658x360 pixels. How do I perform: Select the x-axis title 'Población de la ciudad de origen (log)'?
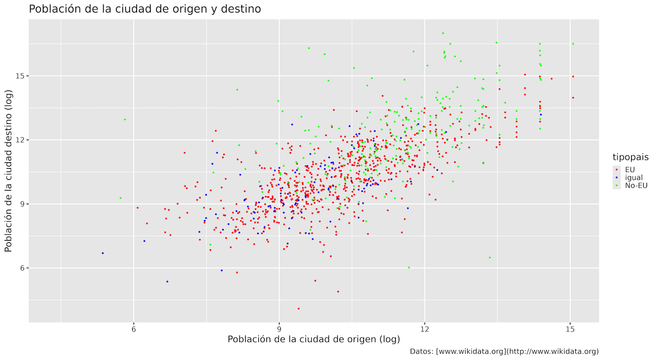[x=313, y=339]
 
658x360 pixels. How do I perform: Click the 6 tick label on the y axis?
[x=21, y=268]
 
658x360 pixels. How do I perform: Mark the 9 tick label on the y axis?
[x=21, y=204]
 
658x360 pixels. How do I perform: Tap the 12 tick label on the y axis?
[x=19, y=140]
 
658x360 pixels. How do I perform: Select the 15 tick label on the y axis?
[x=19, y=76]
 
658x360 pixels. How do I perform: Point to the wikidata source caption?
[x=504, y=351]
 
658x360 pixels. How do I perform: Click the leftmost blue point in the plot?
[x=103, y=253]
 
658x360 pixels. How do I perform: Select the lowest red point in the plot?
[x=298, y=308]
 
